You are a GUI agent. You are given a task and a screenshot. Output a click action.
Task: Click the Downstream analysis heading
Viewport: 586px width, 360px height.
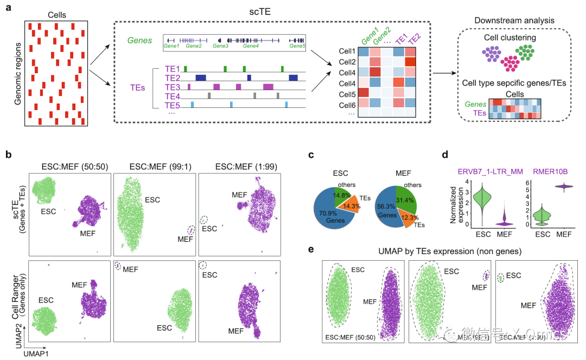tap(514, 21)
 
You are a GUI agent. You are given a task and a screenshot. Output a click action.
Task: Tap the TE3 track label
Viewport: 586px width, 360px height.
tap(173, 87)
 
